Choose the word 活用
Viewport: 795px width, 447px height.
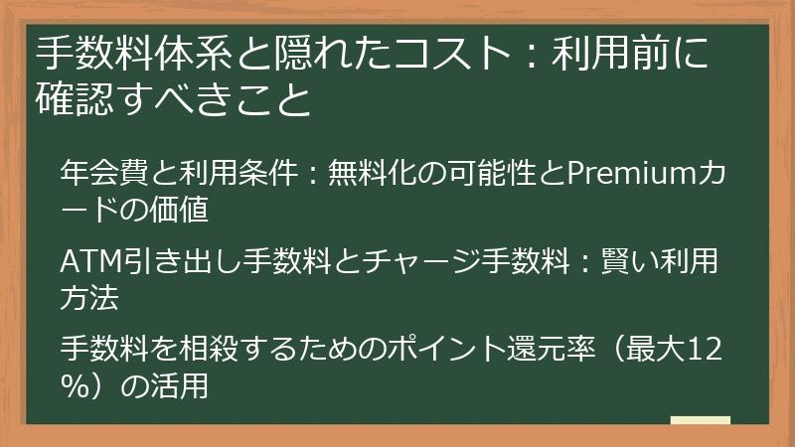click(183, 385)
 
